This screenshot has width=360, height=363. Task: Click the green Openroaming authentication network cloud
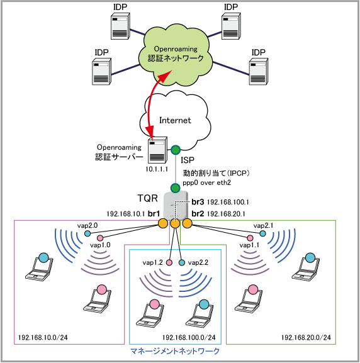[176, 55]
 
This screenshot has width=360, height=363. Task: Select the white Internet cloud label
[175, 120]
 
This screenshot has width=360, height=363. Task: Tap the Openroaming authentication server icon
[157, 150]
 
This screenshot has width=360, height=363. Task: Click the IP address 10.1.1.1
[157, 169]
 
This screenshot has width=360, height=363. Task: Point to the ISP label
[188, 160]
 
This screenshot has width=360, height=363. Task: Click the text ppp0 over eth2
[206, 182]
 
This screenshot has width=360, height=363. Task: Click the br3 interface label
[198, 202]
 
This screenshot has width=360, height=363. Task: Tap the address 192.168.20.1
[226, 214]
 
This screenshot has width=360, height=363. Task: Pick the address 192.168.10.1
[126, 214]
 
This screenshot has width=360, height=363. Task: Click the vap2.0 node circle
[87, 233]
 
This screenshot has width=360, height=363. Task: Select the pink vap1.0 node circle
[100, 238]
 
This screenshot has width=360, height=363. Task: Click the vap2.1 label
[263, 225]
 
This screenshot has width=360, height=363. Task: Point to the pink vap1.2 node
[169, 262]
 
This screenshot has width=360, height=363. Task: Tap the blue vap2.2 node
[182, 262]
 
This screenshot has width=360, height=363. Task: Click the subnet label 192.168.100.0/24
[189, 338]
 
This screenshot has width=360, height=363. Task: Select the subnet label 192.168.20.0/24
[306, 338]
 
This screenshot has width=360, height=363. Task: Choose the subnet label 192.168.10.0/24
[43, 338]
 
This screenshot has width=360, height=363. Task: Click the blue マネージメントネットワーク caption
[175, 351]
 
